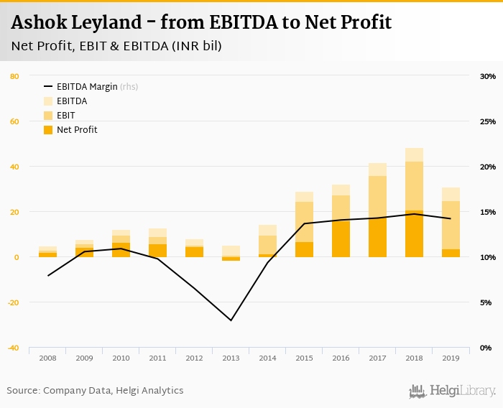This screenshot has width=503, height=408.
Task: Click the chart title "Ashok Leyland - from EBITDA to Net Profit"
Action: pos(201,22)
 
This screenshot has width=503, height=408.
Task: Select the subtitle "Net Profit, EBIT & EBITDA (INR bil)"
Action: pos(116,46)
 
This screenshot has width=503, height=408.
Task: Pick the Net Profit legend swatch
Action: pos(49,130)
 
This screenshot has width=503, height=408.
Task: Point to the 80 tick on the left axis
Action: pos(14,76)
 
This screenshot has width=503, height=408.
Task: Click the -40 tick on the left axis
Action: pos(14,348)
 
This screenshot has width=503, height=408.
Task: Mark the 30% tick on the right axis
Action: pos(487,76)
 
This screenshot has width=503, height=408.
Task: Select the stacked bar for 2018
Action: pos(414,203)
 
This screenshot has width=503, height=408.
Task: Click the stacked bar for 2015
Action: pos(304,224)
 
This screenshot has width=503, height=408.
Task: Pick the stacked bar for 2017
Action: pos(377,210)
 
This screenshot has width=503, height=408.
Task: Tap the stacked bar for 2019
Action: pos(451,222)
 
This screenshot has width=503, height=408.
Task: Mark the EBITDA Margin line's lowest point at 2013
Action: pos(231,320)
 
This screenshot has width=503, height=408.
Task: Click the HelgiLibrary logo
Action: pos(452,391)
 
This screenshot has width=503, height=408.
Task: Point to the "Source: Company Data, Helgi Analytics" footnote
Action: pos(96,391)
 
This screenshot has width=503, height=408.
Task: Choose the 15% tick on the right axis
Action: pos(487,212)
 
